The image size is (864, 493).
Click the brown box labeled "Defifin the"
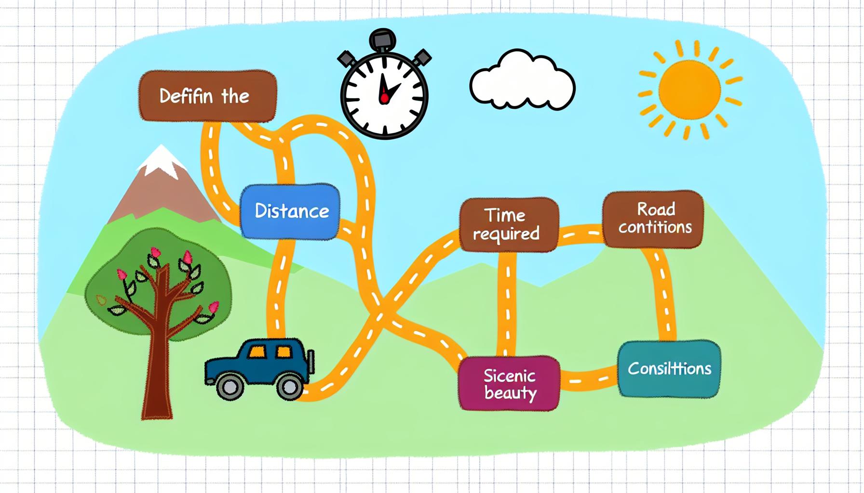(207, 96)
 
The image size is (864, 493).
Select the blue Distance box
(290, 211)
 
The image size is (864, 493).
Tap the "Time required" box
(508, 224)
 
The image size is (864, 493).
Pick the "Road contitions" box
(653, 219)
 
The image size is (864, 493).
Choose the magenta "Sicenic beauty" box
(509, 383)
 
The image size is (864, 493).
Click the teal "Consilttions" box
(669, 369)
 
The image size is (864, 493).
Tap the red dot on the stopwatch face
(384, 99)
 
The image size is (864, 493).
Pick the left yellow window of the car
(257, 352)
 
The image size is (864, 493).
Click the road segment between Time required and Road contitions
(580, 234)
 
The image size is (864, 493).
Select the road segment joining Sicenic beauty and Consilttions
(588, 379)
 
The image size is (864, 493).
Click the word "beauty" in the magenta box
(510, 393)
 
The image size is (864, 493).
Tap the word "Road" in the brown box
(656, 209)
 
